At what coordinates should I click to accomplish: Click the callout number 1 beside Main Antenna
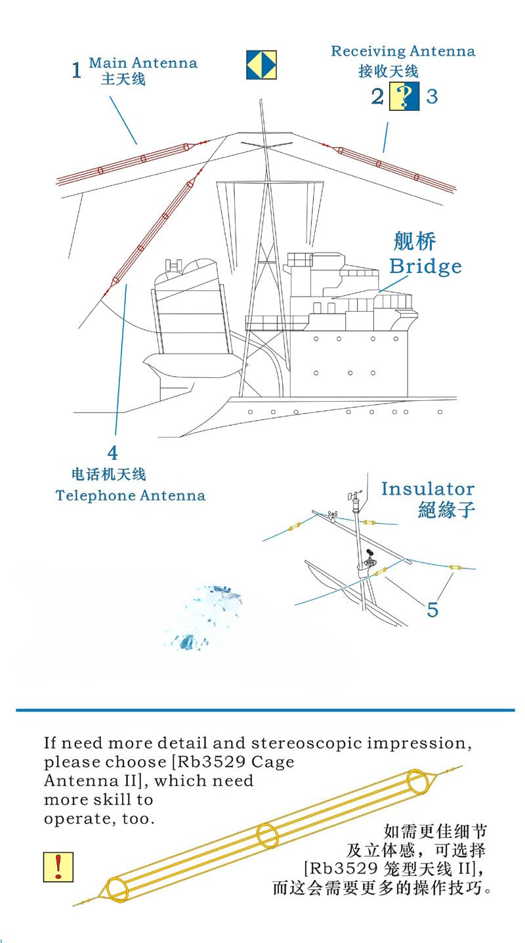pyautogui.click(x=76, y=70)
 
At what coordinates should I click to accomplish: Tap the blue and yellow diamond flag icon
pyautogui.click(x=261, y=65)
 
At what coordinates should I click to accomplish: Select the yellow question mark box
pyautogui.click(x=404, y=96)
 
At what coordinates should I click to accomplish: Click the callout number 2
pyautogui.click(x=377, y=96)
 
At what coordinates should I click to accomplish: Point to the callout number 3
pyautogui.click(x=432, y=96)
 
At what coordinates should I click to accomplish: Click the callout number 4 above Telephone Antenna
pyautogui.click(x=112, y=453)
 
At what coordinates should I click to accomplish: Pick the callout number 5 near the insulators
pyautogui.click(x=433, y=610)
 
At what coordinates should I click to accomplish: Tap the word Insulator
pyautogui.click(x=428, y=489)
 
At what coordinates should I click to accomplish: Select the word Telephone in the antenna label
pyautogui.click(x=95, y=495)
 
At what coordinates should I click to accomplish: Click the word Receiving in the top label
pyautogui.click(x=368, y=51)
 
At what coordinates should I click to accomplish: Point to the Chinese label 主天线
pyautogui.click(x=123, y=79)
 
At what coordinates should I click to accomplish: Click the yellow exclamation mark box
pyautogui.click(x=58, y=868)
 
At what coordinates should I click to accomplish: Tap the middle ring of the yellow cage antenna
pyautogui.click(x=268, y=835)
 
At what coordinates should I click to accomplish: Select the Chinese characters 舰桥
pyautogui.click(x=415, y=241)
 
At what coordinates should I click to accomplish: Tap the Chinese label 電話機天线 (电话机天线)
pyautogui.click(x=109, y=474)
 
